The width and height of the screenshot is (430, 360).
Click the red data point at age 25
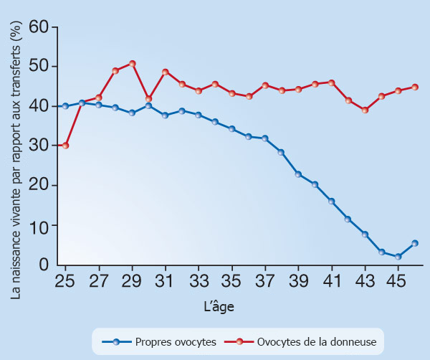pos(65,146)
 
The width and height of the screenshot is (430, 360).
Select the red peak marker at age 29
pos(132,64)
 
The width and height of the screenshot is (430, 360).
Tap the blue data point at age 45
pos(398,257)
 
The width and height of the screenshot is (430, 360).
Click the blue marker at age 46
pos(414,243)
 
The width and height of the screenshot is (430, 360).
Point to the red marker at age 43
pos(365,110)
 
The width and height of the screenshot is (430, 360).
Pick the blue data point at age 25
pos(65,106)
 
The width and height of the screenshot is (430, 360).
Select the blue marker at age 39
pos(298,174)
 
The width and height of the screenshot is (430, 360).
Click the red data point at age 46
pos(414,87)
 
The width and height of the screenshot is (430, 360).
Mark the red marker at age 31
pos(166,72)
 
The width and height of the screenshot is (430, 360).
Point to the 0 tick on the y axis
pos(44,265)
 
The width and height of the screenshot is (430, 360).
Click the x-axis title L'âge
pos(218,306)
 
